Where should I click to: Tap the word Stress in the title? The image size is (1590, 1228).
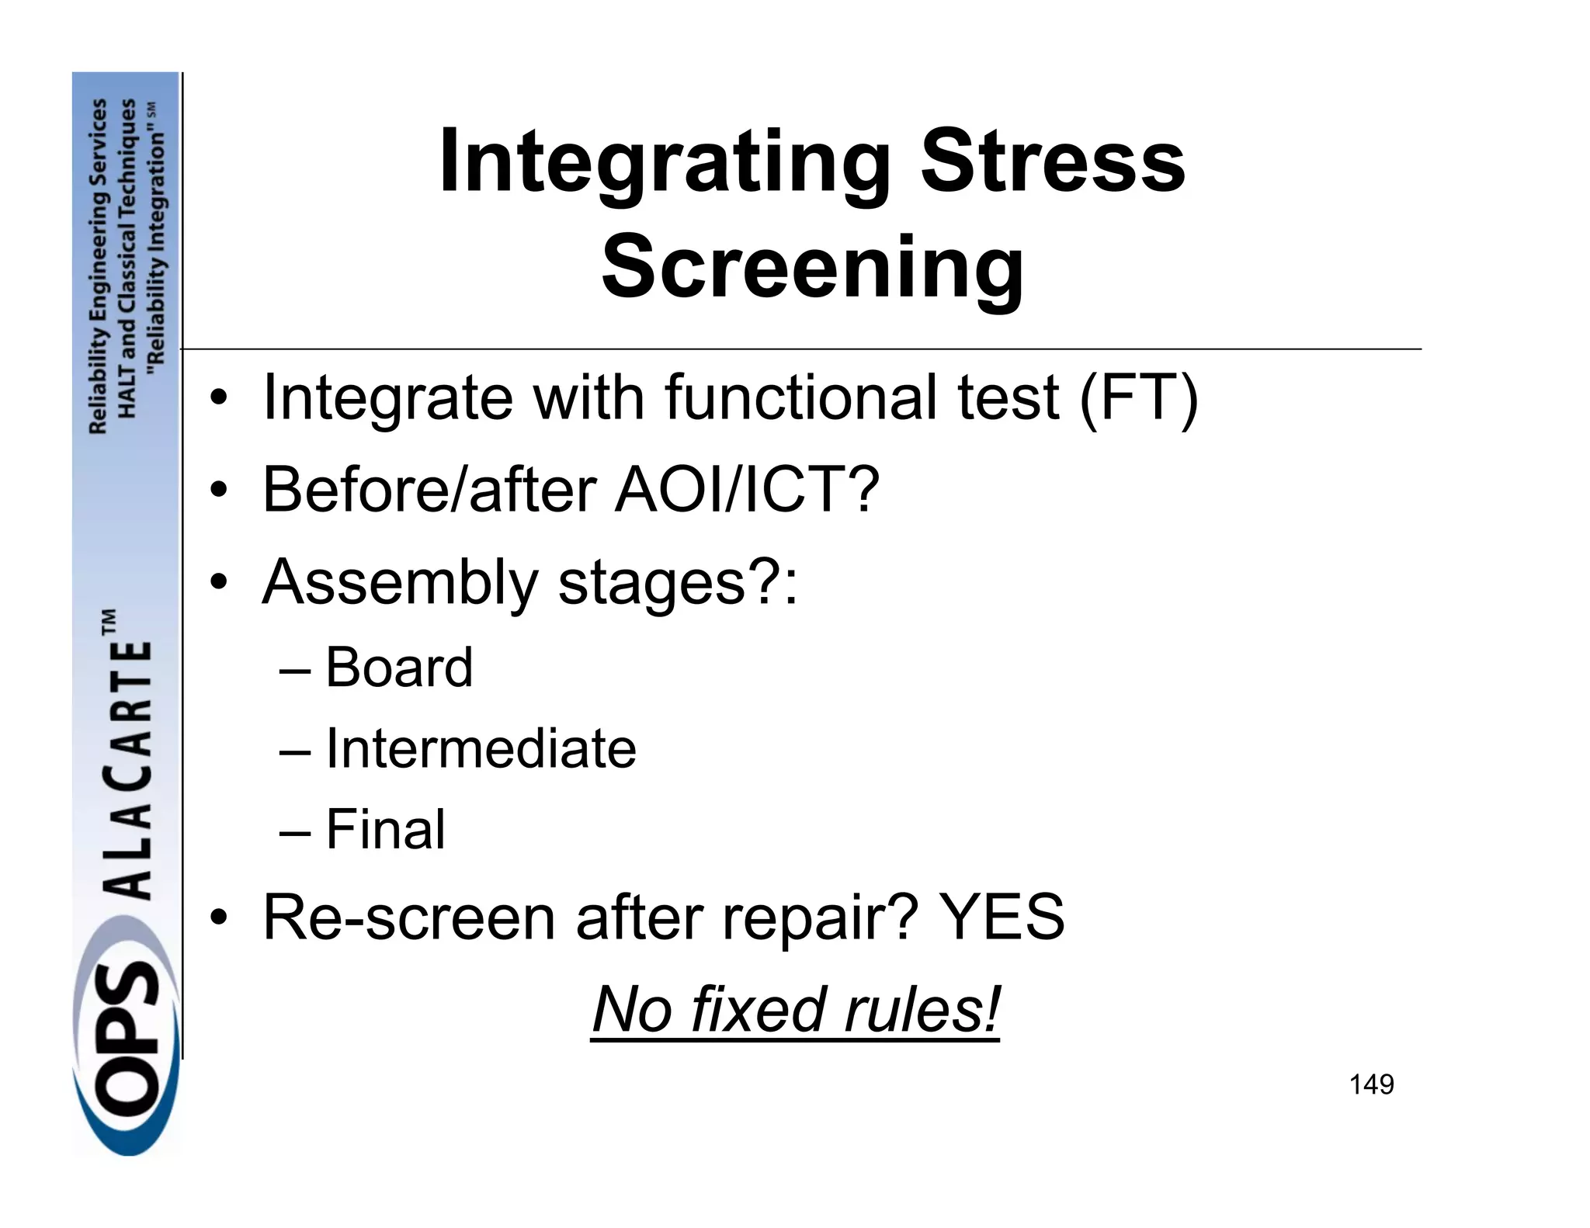tap(1053, 163)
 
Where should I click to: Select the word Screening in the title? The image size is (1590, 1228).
tap(812, 268)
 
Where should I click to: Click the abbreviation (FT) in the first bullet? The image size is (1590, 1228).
tap(1139, 397)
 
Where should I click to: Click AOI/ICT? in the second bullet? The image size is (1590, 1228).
tap(747, 490)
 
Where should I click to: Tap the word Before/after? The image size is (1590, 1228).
tap(429, 490)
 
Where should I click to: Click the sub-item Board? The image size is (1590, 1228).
tap(398, 667)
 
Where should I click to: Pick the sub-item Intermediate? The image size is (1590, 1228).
tap(481, 748)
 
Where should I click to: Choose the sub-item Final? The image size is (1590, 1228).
tap(385, 829)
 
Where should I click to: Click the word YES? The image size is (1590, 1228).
tap(1002, 917)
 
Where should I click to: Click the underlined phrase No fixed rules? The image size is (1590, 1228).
tap(796, 1009)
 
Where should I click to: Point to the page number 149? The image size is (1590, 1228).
tap(1371, 1084)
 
